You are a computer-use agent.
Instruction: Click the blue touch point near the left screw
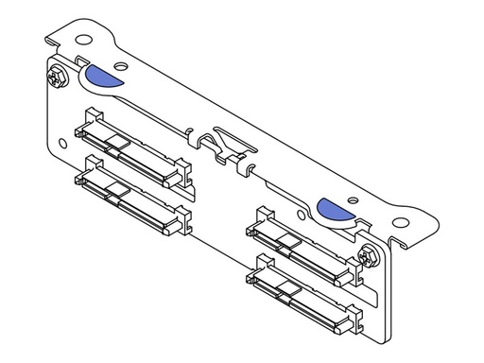click(101, 76)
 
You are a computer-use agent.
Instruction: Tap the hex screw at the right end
click(370, 253)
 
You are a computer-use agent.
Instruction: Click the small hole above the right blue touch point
click(351, 200)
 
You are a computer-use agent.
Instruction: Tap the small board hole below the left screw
click(62, 144)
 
